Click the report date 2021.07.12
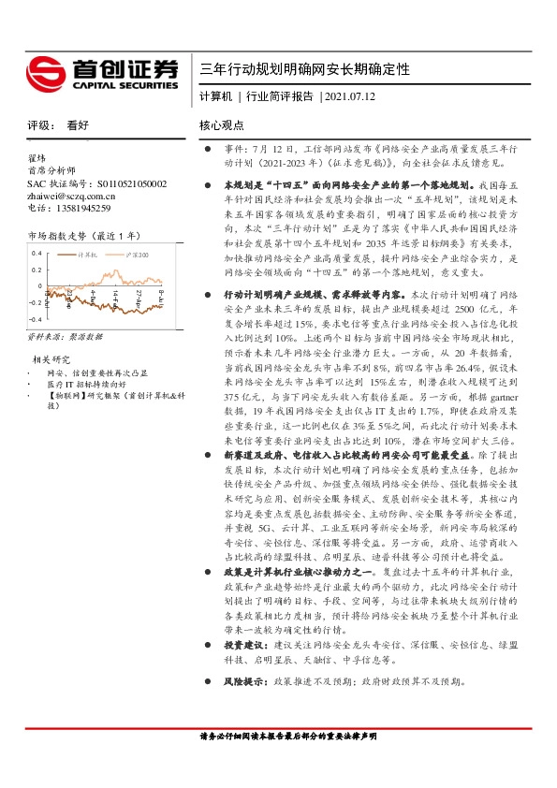[349, 96]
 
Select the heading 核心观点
[222, 125]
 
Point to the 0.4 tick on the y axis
[36, 254]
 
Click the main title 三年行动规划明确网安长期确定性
[305, 70]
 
